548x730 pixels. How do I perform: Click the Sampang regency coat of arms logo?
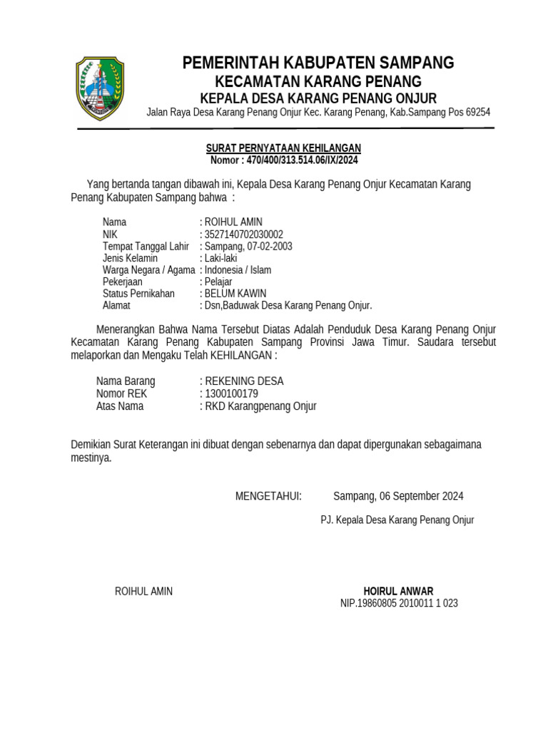click(x=100, y=88)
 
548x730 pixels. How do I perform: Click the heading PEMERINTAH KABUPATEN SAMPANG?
click(x=318, y=63)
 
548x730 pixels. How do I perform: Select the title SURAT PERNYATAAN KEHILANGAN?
click(x=283, y=148)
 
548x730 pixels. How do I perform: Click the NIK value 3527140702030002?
click(x=244, y=234)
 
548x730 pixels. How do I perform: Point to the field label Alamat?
click(x=116, y=306)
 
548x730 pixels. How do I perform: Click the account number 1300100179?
click(x=231, y=394)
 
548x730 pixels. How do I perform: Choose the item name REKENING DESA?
click(x=244, y=381)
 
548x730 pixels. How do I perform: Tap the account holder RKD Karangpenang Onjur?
click(x=260, y=406)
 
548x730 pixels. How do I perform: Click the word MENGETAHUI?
click(x=268, y=496)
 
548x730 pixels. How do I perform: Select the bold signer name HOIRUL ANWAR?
click(x=398, y=591)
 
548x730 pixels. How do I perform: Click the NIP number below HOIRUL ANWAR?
click(x=399, y=603)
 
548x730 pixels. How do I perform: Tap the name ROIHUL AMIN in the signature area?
click(x=143, y=591)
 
